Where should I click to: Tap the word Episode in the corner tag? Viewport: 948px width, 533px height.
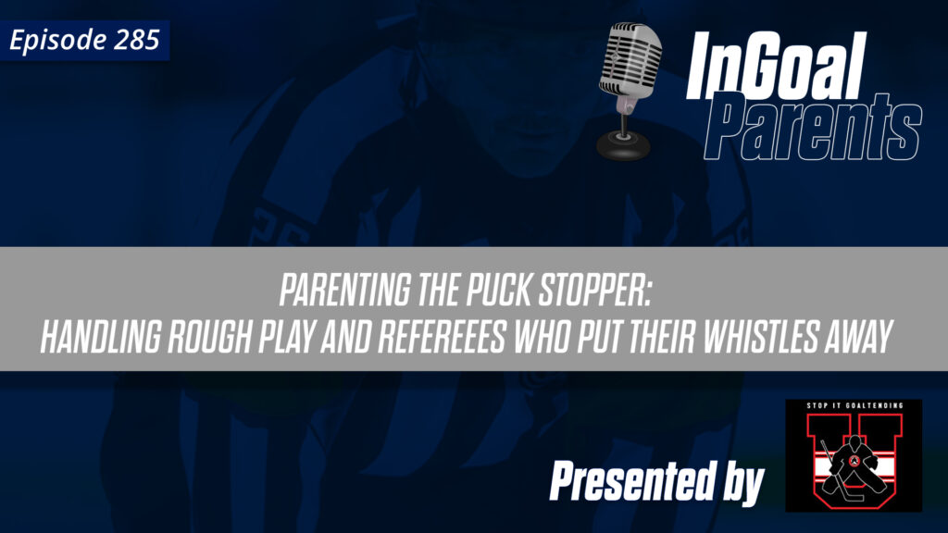click(x=62, y=41)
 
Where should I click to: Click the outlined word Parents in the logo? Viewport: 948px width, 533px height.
click(x=820, y=130)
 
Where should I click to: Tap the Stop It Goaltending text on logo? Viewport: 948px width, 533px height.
click(x=853, y=408)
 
